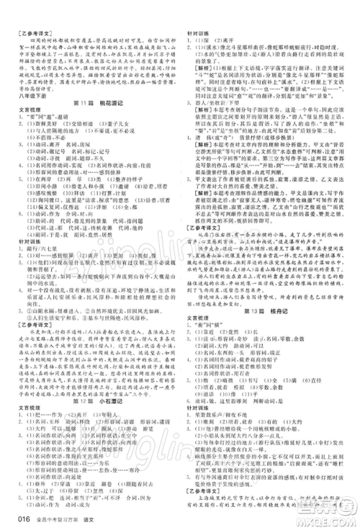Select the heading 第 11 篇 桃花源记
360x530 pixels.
point(96,104)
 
